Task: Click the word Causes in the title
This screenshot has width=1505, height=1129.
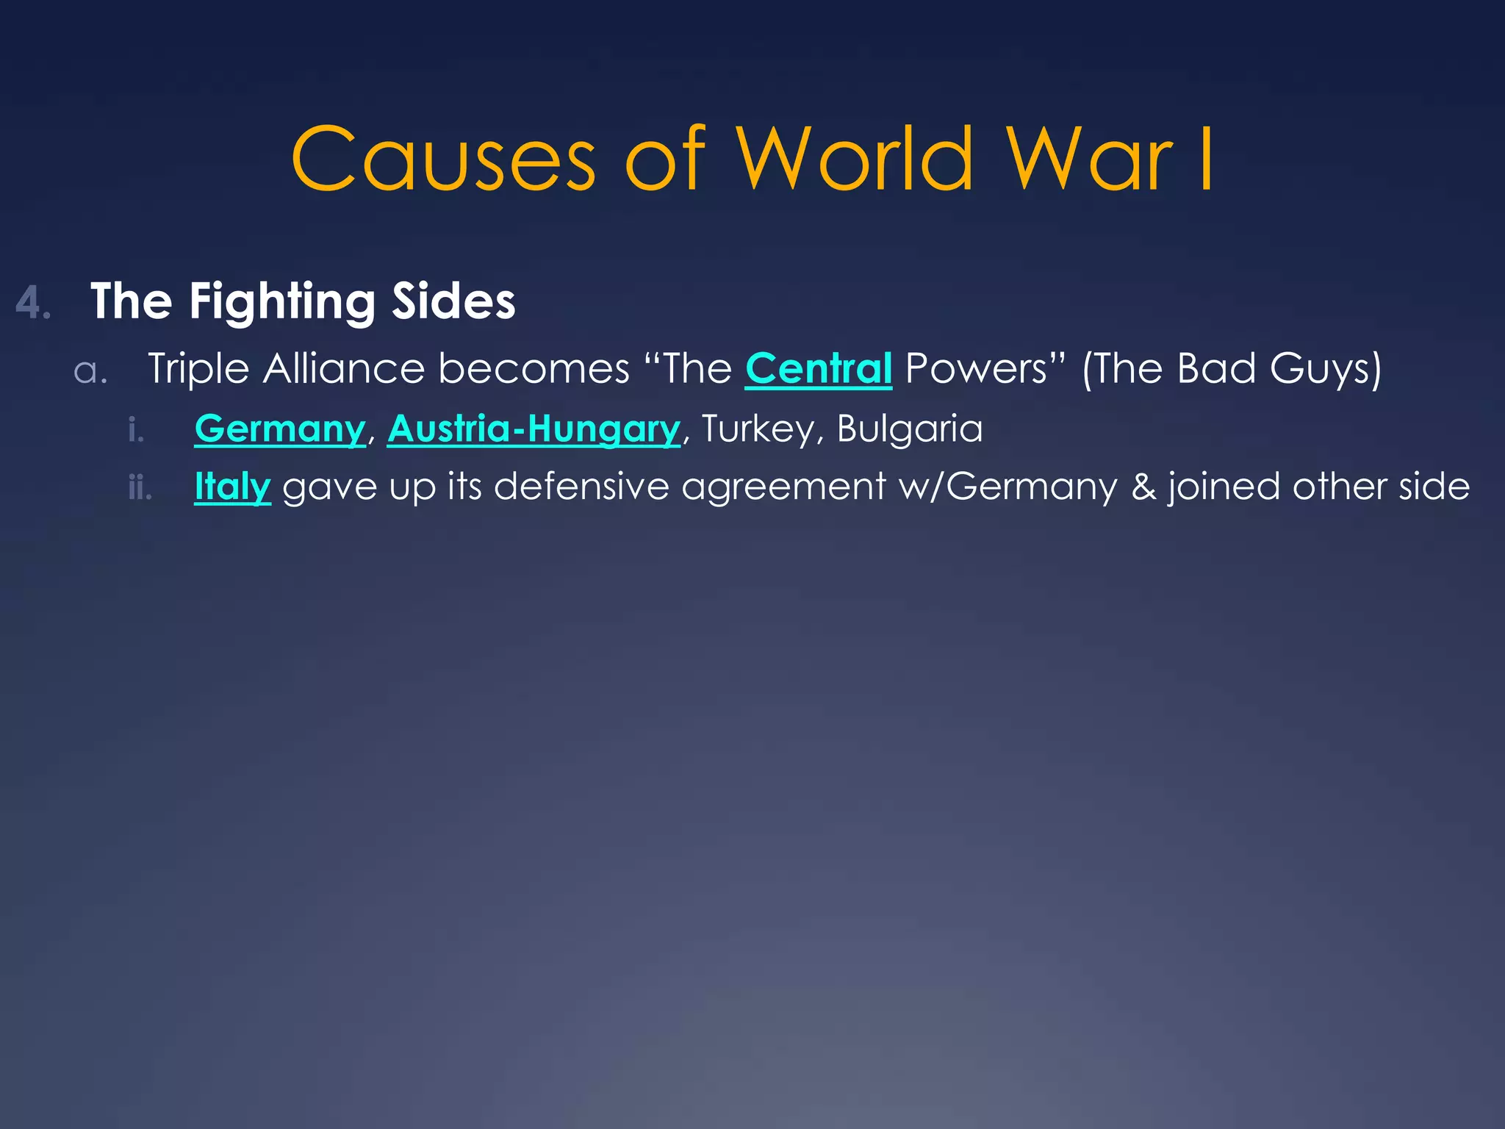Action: (x=443, y=160)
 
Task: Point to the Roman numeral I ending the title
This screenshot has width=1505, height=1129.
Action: (x=1205, y=160)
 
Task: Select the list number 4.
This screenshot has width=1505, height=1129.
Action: (x=33, y=303)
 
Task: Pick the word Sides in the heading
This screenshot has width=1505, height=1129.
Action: (x=453, y=301)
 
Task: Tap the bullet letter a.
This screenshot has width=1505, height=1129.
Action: (x=91, y=370)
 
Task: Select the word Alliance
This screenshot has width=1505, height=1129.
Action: (x=344, y=368)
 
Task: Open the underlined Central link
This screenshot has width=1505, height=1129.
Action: (x=819, y=368)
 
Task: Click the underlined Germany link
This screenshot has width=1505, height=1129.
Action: (x=280, y=429)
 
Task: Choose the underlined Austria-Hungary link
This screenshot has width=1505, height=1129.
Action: (x=534, y=429)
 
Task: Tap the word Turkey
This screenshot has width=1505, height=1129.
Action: (x=758, y=429)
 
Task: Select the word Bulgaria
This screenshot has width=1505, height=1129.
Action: (x=910, y=429)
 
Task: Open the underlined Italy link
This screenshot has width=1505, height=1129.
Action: (x=232, y=487)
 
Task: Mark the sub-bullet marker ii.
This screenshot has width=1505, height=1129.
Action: (x=140, y=488)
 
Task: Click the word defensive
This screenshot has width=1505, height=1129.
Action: (x=581, y=487)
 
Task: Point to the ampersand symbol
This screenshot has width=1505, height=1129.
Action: (x=1143, y=487)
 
